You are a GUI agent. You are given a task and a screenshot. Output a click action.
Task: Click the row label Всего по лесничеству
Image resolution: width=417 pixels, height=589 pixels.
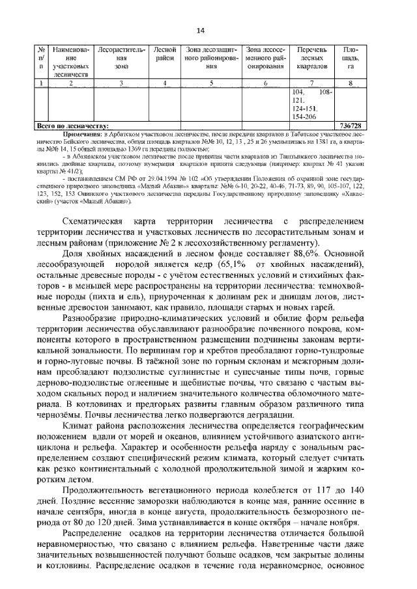72,125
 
